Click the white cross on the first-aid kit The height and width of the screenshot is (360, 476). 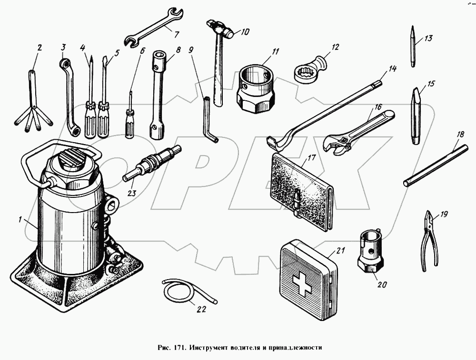[x=303, y=285]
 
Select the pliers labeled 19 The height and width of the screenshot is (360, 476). [x=429, y=240]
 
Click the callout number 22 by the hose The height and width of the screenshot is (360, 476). [x=201, y=309]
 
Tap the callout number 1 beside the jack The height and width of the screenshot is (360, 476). [x=20, y=219]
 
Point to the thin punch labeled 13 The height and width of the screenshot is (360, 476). [x=413, y=46]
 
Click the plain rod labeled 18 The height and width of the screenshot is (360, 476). [x=436, y=165]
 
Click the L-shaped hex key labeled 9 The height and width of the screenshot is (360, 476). [x=210, y=120]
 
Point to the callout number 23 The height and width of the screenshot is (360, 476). [x=132, y=193]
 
